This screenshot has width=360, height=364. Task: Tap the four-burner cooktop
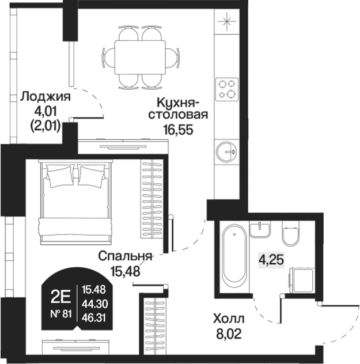pyautogui.click(x=226, y=88)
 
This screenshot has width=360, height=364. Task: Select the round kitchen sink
pyautogui.click(x=226, y=151)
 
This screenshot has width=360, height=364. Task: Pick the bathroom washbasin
pyautogui.click(x=260, y=229)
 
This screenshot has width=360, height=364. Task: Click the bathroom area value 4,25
pyautogui.click(x=270, y=260)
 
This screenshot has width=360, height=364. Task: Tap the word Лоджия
pyautogui.click(x=46, y=97)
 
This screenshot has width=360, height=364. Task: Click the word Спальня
pyautogui.click(x=124, y=256)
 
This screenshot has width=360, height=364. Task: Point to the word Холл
pyautogui.click(x=228, y=318)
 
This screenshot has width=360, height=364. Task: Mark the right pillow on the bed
pyautogui.click(x=93, y=175)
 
